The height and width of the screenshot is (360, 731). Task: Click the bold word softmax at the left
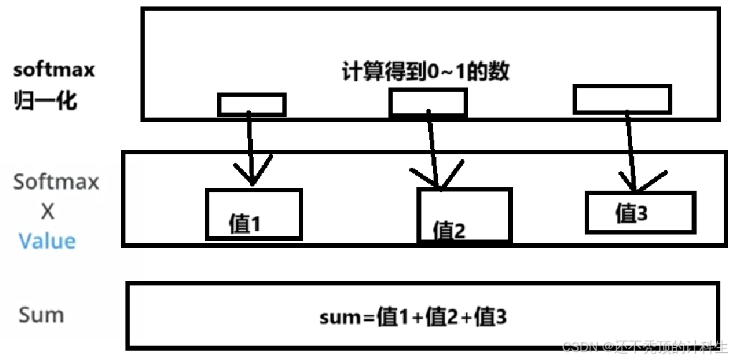point(54,71)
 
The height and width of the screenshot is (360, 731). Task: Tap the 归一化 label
point(45,100)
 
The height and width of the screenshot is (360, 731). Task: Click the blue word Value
point(47,240)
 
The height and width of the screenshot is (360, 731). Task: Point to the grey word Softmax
point(56,182)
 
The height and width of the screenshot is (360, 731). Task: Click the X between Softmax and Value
point(47,212)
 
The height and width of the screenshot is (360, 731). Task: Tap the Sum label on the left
point(41,314)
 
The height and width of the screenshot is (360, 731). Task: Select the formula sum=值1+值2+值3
point(413,316)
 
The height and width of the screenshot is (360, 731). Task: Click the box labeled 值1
point(254,214)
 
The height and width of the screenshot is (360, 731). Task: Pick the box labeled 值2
point(464,215)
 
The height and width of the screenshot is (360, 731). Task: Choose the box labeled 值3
point(639,212)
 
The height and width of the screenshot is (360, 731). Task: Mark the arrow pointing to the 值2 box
point(432,151)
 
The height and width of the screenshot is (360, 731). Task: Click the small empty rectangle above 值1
point(252,105)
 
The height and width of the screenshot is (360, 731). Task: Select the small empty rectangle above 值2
point(428,103)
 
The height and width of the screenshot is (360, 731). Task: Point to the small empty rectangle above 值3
point(622,99)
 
